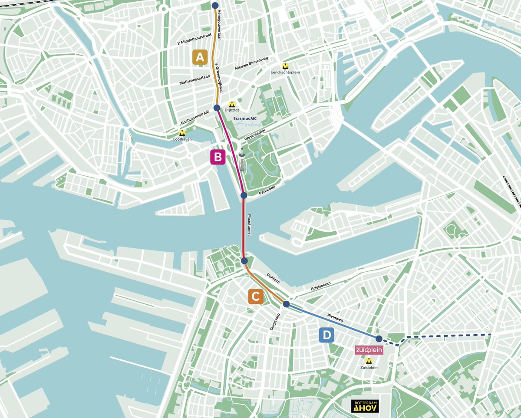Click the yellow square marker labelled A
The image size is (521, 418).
[200, 57]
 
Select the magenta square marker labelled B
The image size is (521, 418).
[218, 157]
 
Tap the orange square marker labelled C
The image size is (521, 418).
[256, 296]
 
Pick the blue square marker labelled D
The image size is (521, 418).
[326, 335]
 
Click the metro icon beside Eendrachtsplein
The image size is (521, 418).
[285, 66]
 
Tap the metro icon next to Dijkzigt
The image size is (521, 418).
[232, 104]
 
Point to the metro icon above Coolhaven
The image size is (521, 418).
[182, 133]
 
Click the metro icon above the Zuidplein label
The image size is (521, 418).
[369, 360]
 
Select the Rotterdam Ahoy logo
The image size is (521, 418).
[364, 406]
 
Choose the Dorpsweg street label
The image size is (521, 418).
[275, 323]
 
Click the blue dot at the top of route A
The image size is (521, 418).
[214, 5]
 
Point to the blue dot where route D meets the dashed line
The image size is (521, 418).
[379, 339]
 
